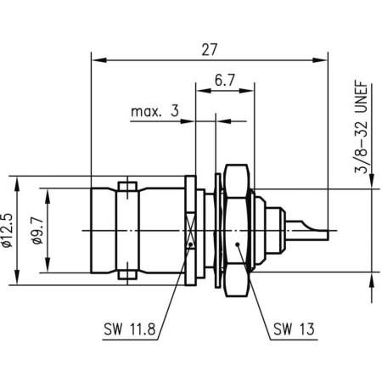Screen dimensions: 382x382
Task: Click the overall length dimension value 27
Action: click(x=208, y=49)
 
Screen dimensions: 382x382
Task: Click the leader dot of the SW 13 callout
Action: click(x=242, y=246)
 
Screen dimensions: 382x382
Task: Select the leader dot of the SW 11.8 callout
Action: click(x=193, y=245)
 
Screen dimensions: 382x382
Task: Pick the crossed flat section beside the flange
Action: click(x=193, y=229)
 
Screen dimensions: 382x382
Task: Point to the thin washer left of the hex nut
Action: click(x=218, y=229)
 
